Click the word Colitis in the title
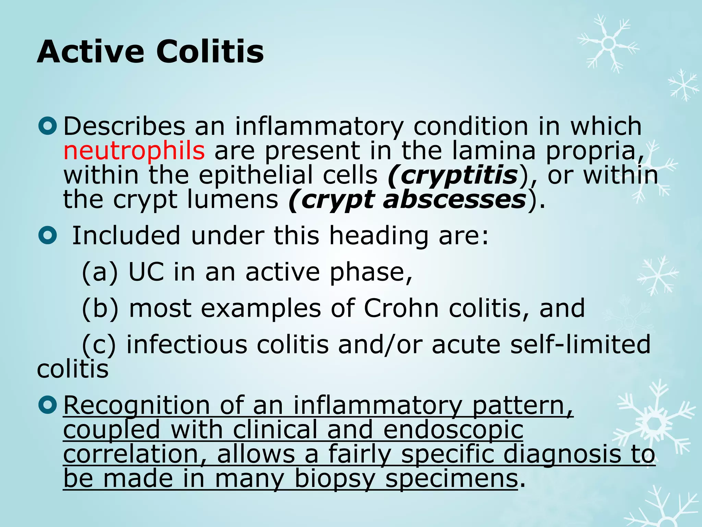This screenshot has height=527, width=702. pos(210,52)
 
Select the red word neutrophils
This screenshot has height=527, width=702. pos(134,151)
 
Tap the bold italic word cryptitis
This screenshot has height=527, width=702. pos(459,175)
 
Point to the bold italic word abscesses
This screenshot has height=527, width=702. pos(454,200)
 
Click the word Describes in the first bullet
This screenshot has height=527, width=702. pos(124,126)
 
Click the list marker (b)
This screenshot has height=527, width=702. pos(100,308)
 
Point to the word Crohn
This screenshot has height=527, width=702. pos(401,308)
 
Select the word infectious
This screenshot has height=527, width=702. pos(187,345)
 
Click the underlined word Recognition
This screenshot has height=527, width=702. pos(136,406)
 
